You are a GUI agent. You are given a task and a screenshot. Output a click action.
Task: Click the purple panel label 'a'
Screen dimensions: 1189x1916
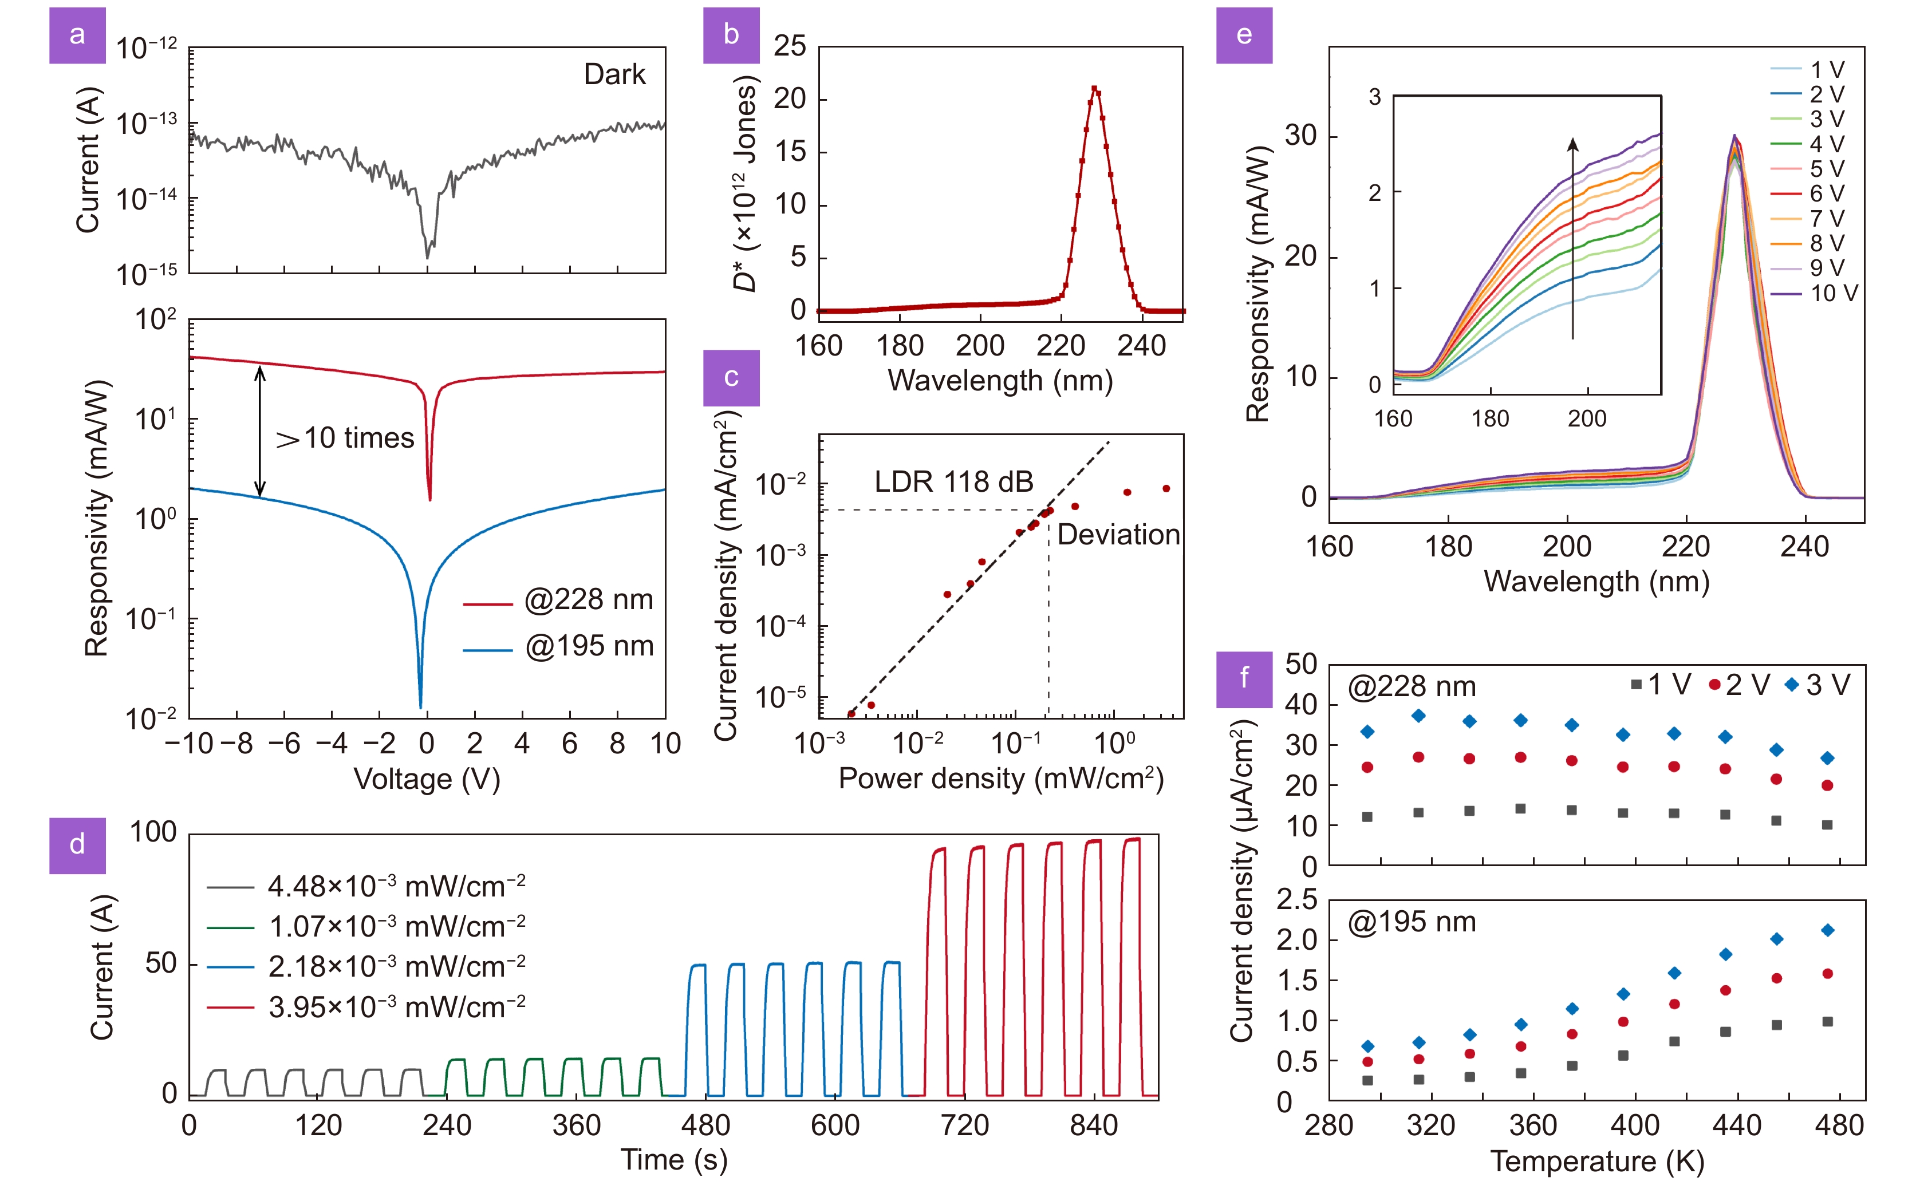[77, 35]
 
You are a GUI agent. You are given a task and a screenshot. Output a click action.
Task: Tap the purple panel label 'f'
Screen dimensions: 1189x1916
[1244, 678]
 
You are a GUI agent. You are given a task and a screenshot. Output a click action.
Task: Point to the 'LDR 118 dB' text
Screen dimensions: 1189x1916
[953, 481]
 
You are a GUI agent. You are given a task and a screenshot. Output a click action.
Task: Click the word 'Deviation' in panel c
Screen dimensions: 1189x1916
[1118, 535]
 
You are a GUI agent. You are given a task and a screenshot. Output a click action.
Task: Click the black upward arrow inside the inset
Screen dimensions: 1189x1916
[1572, 236]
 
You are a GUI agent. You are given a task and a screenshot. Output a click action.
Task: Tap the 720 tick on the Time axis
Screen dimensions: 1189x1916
[964, 1126]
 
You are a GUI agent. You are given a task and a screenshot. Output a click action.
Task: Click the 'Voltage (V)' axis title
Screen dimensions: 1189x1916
[426, 779]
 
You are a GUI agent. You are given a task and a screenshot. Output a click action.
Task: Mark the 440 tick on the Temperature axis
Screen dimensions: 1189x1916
[1737, 1126]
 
